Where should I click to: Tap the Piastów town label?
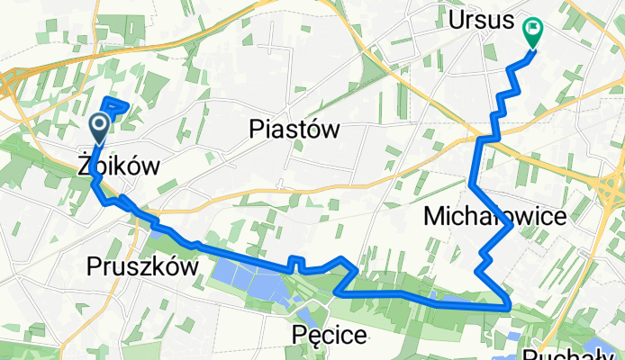[x=294, y=130]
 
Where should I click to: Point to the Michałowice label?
[x=494, y=217]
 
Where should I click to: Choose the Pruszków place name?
[x=142, y=266]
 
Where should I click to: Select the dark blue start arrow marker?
[x=99, y=126]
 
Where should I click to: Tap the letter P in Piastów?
[x=256, y=130]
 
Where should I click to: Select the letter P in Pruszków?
[x=95, y=266]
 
